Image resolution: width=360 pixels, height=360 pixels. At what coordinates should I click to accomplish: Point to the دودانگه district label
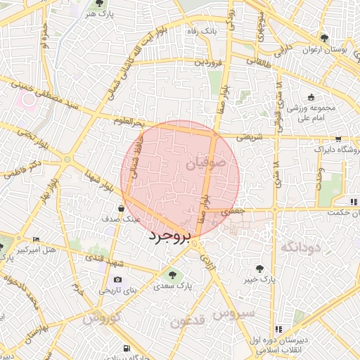tap(300, 247)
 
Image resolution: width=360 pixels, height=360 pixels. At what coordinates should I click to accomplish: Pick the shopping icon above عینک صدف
tap(122, 208)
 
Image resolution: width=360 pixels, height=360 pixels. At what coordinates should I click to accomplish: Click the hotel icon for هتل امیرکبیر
tap(37, 240)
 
